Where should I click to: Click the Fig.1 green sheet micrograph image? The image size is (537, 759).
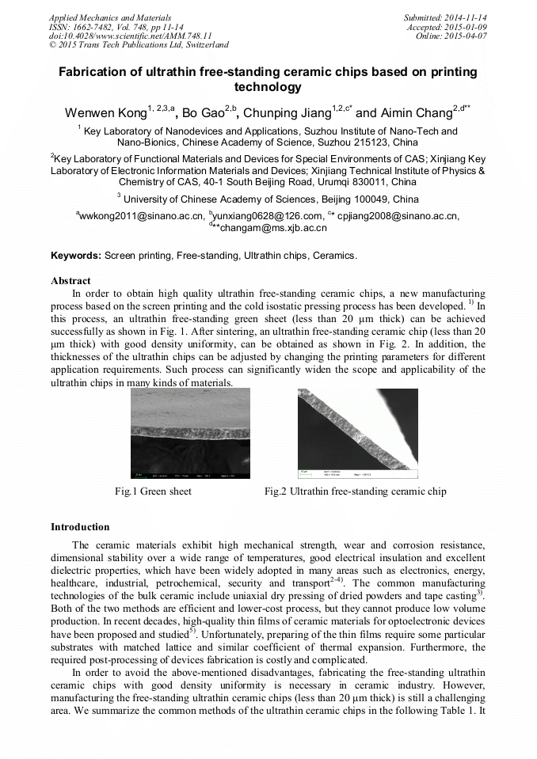pos(190,433)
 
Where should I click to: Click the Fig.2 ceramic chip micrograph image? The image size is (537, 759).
pos(357,433)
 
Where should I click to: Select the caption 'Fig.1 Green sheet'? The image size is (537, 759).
pos(153,491)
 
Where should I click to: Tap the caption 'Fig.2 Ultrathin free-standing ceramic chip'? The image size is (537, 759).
pos(355,491)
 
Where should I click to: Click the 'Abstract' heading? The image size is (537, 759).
pos(70,280)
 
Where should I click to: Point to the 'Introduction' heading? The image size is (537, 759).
pos(80,526)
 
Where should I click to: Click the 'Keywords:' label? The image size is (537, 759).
pos(76,256)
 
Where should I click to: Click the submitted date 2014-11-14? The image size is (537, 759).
pos(466,17)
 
